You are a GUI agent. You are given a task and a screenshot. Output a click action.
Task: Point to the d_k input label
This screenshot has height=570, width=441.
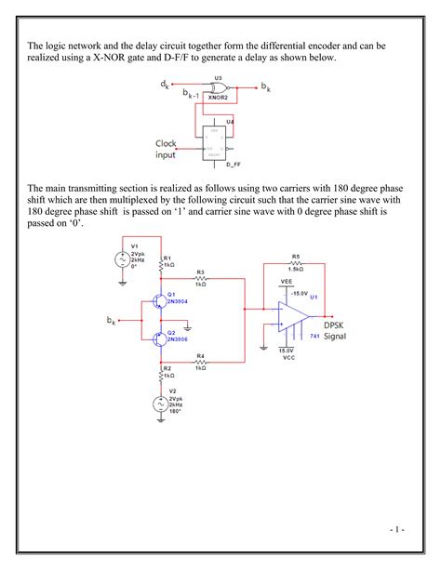click(165, 84)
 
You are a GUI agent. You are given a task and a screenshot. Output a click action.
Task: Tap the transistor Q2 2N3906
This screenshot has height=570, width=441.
click(158, 337)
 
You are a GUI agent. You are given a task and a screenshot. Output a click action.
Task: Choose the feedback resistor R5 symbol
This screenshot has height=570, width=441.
click(295, 263)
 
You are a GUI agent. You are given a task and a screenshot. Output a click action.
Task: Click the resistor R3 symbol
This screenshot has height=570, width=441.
click(200, 278)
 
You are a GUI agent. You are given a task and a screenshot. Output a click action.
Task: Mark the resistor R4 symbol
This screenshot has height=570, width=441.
click(200, 362)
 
